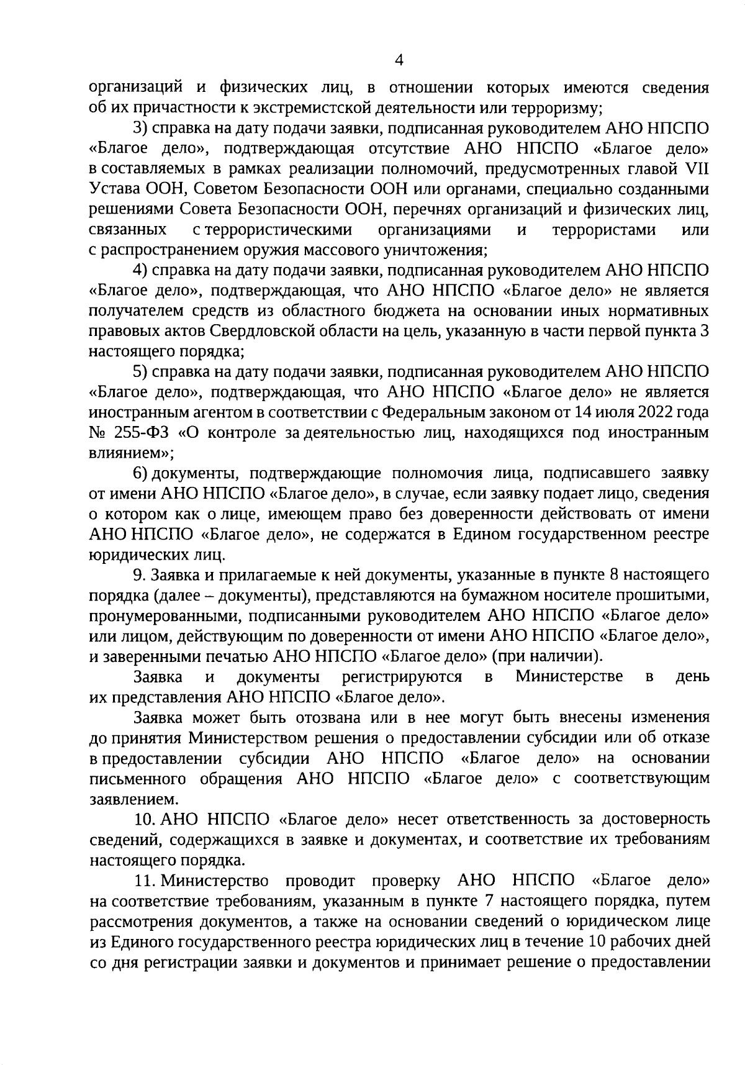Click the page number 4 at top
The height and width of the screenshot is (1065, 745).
pyautogui.click(x=399, y=60)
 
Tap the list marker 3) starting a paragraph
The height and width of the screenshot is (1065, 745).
pyautogui.click(x=140, y=129)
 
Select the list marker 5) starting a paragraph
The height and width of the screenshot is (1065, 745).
pyautogui.click(x=140, y=372)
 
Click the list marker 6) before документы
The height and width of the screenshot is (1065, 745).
pyautogui.click(x=140, y=473)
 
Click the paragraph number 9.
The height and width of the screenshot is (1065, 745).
pyautogui.click(x=138, y=575)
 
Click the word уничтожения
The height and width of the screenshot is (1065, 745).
pyautogui.click(x=432, y=250)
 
